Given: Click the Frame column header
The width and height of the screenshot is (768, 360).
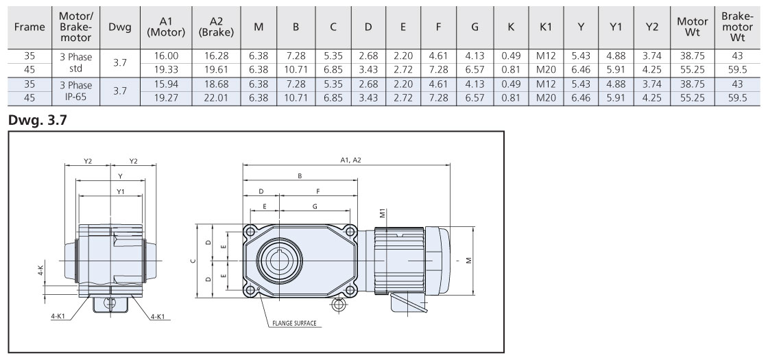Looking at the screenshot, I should click(x=28, y=27).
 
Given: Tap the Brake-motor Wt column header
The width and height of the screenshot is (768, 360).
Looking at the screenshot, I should click(x=738, y=27).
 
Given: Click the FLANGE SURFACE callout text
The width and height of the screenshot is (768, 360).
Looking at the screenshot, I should click(x=294, y=323).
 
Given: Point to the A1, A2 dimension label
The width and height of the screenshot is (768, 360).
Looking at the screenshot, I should click(x=350, y=160).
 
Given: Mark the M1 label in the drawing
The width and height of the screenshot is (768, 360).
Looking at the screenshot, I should click(x=382, y=214).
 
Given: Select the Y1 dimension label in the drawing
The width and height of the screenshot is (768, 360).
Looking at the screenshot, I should click(x=121, y=190).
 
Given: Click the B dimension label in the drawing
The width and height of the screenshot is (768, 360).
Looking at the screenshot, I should click(x=300, y=176).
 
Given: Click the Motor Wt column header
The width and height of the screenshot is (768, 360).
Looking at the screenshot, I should click(x=693, y=27).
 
